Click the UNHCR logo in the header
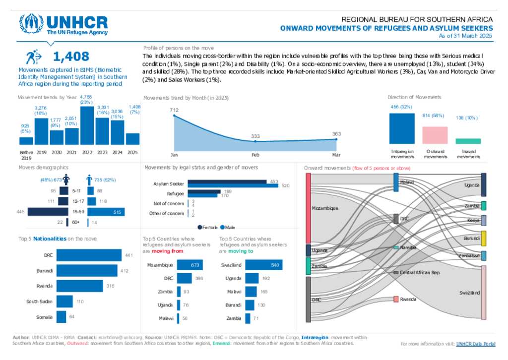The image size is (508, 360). click(63, 24)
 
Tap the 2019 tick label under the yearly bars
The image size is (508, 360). click(41, 153)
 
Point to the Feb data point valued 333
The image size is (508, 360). click(255, 141)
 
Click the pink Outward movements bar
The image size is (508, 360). click(435, 135)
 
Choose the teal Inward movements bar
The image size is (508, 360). click(468, 141)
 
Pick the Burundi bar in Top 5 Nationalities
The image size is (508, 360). click(87, 271)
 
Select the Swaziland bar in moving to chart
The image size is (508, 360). click(264, 265)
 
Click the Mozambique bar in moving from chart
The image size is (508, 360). click(189, 265)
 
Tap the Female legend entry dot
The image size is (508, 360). click(199, 228)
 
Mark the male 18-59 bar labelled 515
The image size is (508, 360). click(106, 212)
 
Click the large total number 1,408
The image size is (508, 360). click(71, 57)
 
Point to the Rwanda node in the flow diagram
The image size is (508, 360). click(396, 299)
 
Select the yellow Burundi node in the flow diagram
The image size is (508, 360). click(484, 239)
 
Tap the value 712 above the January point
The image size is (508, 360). click(174, 110)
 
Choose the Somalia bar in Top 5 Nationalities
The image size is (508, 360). click(62, 317)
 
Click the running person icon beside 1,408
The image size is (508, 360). click(34, 57)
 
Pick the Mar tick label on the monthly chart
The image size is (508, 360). click(336, 154)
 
